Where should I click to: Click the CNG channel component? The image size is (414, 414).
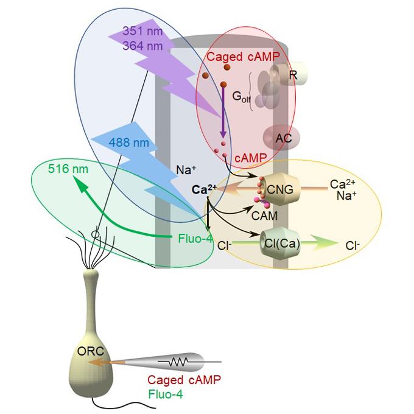tap(280, 189)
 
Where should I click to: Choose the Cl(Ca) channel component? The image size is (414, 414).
tap(281, 245)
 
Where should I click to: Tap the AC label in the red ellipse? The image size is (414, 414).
tap(283, 138)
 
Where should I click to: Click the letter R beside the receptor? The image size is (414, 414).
tap(293, 75)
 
